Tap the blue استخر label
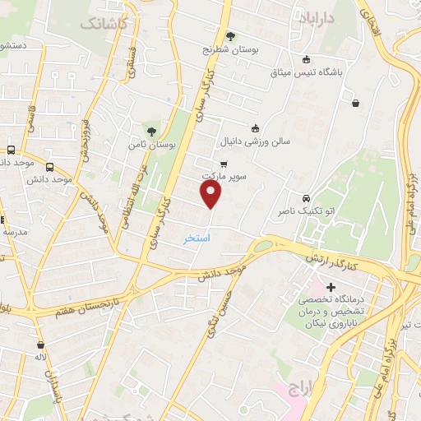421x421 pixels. (197, 238)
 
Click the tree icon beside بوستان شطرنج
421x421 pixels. (230, 36)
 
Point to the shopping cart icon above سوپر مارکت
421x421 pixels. (224, 164)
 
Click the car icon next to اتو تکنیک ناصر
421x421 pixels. (306, 199)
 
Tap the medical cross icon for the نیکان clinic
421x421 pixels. (331, 289)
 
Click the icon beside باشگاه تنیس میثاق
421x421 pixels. (307, 58)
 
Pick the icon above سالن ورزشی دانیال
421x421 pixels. (255, 127)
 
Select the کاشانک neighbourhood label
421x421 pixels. (104, 23)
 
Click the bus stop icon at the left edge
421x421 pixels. (12, 150)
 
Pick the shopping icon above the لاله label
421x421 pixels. (40, 345)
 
